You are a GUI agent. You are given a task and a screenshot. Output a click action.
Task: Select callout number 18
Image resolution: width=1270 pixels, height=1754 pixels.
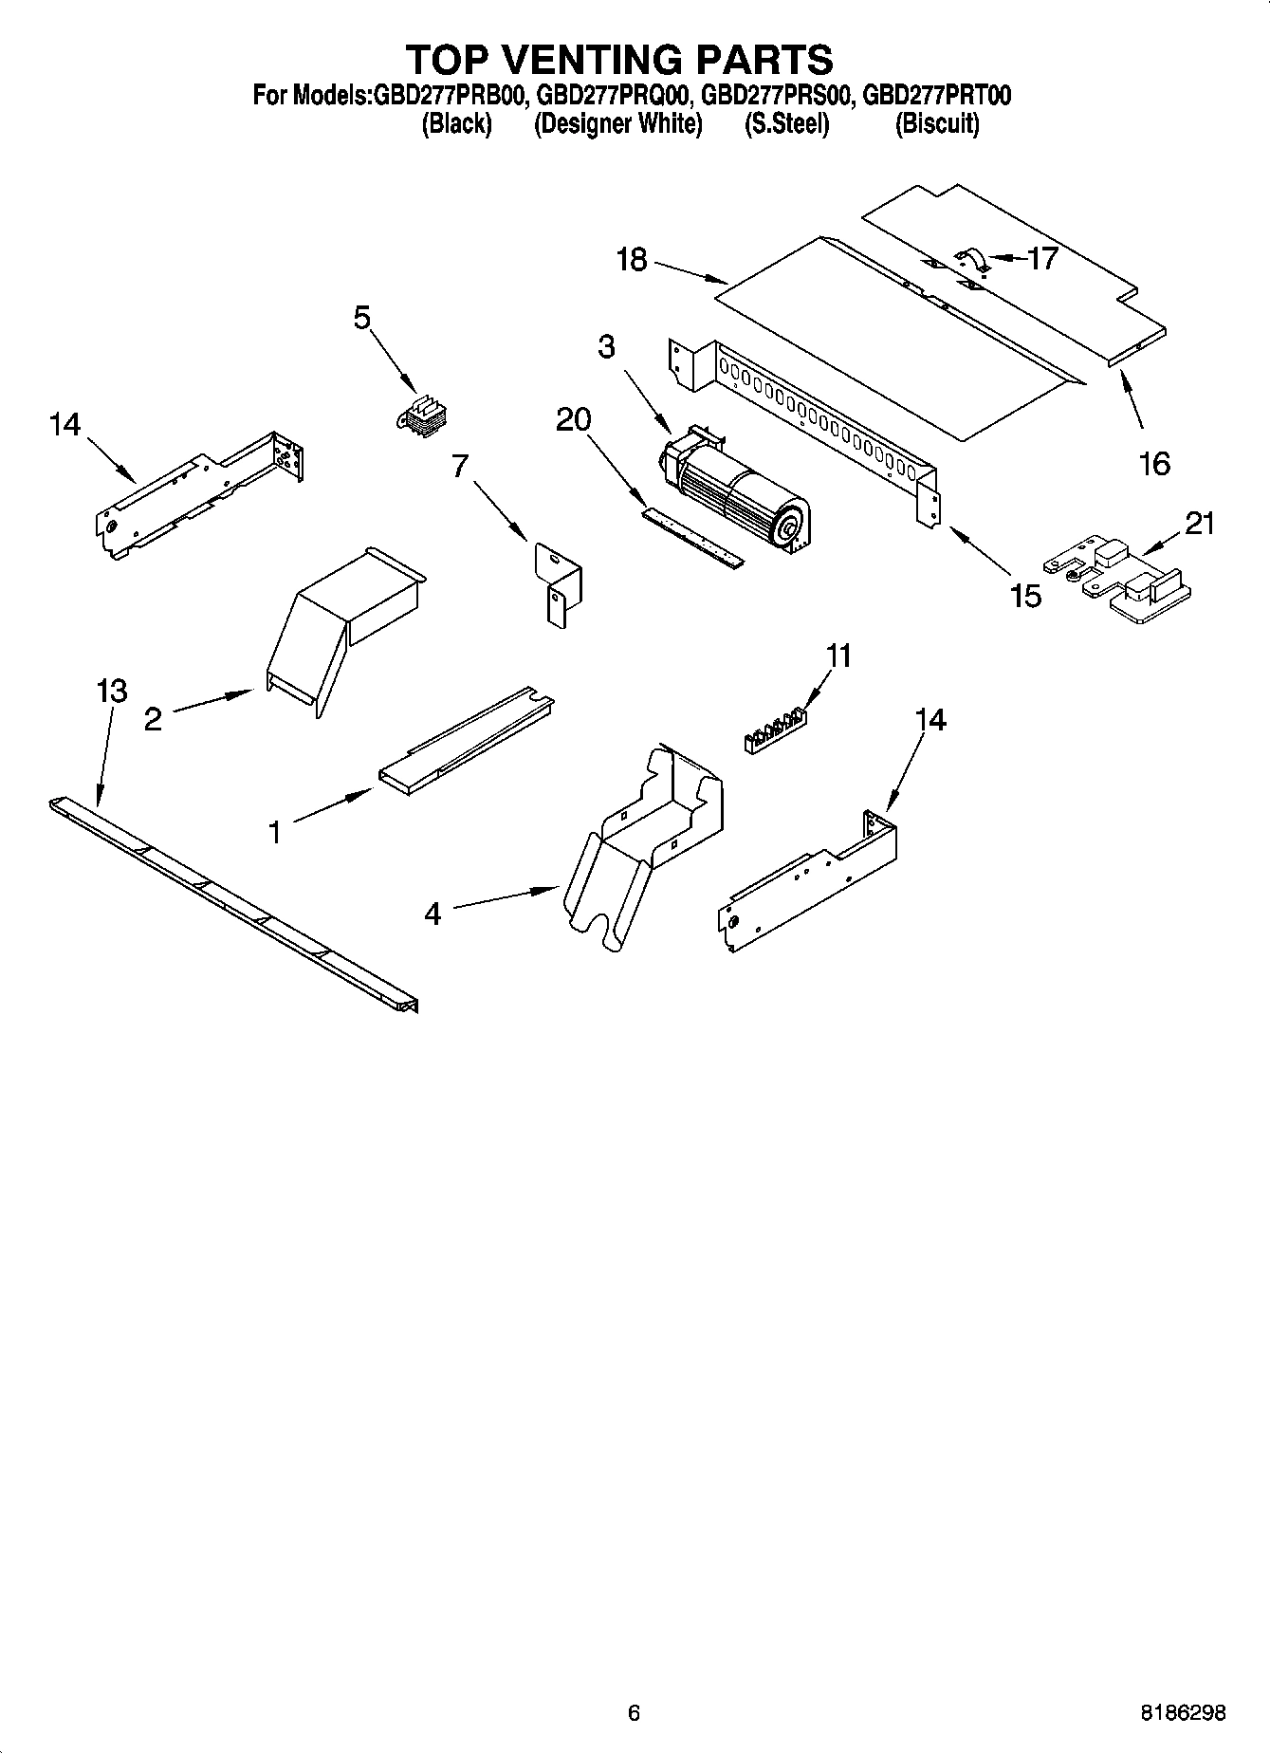(x=632, y=259)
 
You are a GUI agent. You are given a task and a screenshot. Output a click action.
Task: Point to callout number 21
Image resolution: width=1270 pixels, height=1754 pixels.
(x=1200, y=523)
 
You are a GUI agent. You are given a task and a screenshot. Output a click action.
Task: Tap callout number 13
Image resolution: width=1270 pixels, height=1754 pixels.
(x=112, y=691)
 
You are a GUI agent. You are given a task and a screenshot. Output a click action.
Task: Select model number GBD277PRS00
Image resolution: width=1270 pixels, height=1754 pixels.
(x=780, y=95)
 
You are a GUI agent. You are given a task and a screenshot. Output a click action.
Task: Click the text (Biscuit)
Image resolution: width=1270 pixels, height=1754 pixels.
(x=937, y=123)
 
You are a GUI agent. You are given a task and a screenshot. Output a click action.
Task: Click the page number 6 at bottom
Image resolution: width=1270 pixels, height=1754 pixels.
(x=635, y=1712)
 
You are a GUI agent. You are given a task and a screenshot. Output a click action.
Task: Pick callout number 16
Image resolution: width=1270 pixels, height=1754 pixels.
(x=1154, y=464)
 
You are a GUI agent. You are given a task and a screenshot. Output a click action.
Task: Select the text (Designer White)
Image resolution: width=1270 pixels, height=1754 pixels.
(x=617, y=123)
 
